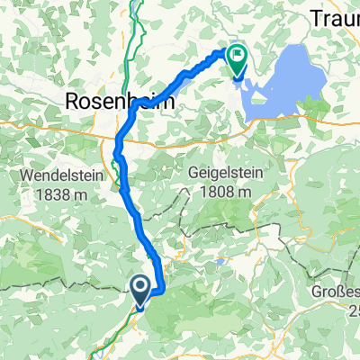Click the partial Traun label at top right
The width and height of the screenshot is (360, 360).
coord(337,18)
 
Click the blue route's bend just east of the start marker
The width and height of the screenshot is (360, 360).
coord(163,288)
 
